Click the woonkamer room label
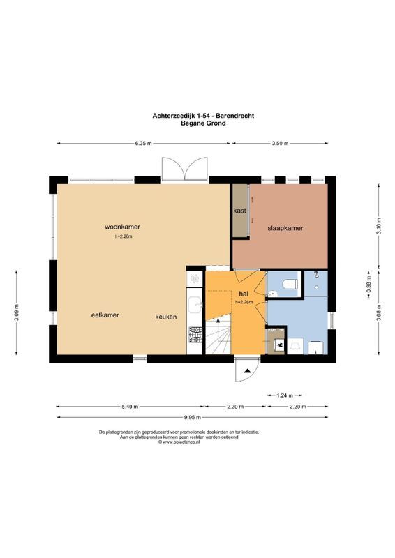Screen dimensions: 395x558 (x=122, y=227)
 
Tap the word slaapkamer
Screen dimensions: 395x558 (x=285, y=228)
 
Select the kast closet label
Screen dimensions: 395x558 (x=239, y=211)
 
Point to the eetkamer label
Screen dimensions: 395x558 (x=105, y=315)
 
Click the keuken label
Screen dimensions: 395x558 (x=166, y=317)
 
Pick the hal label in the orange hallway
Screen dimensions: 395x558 (x=244, y=294)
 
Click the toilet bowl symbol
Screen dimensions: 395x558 (x=290, y=285)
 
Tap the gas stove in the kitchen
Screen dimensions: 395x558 (x=195, y=335)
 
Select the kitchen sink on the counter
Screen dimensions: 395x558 (x=195, y=305)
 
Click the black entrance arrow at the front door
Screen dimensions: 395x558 (x=247, y=371)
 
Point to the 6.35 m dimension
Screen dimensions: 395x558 (x=143, y=144)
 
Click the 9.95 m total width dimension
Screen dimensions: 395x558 (x=193, y=417)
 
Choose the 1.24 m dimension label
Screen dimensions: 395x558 (x=285, y=395)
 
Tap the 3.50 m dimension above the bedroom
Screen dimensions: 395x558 (x=280, y=144)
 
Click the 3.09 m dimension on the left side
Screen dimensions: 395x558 (x=16, y=312)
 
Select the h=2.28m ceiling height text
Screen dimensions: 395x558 (x=124, y=236)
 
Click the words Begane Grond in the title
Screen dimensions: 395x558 (x=203, y=123)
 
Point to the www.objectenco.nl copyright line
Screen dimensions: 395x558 (x=179, y=442)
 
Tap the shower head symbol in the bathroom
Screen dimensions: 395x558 (x=316, y=273)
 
